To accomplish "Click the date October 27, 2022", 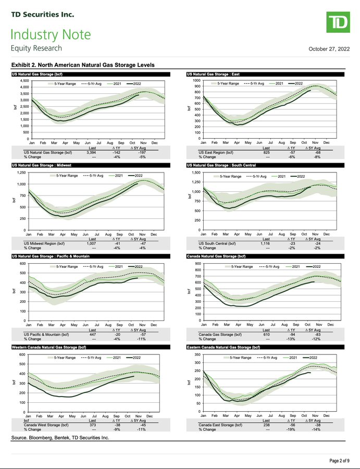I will click(x=329, y=49).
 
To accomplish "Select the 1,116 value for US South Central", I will click(x=266, y=243).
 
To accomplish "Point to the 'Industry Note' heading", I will click(x=51, y=35).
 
